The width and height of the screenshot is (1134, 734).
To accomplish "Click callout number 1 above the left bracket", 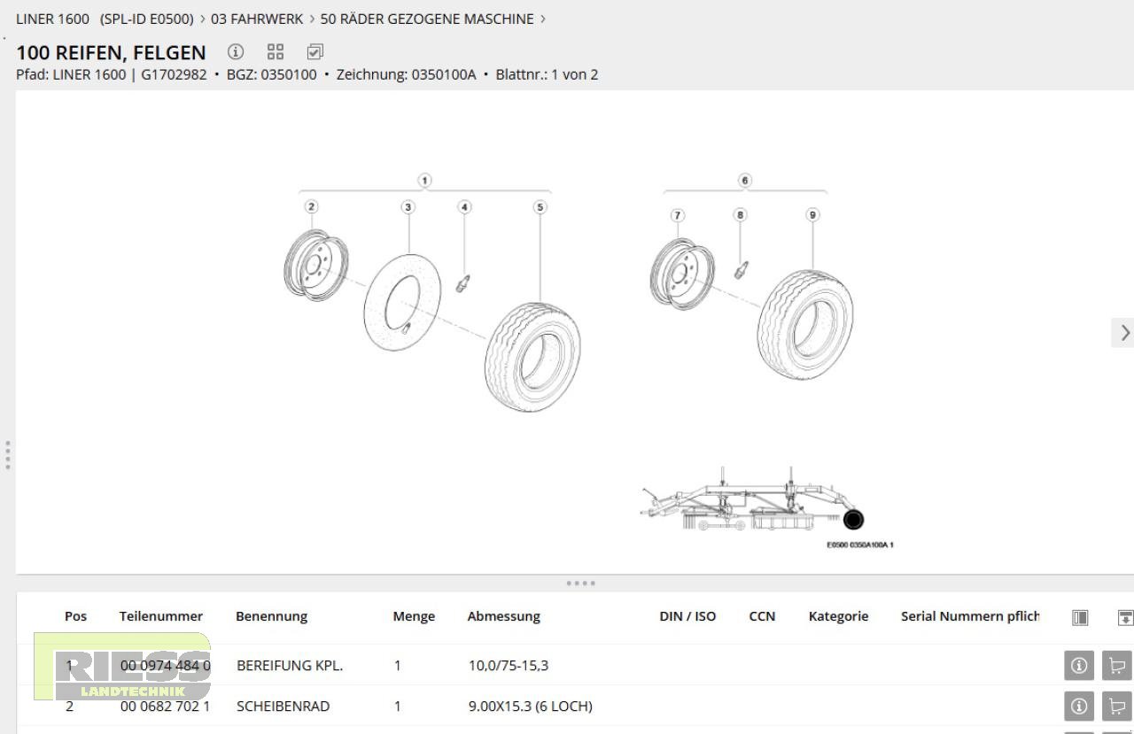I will [x=425, y=181].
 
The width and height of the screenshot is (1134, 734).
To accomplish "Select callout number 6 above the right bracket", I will [x=745, y=181].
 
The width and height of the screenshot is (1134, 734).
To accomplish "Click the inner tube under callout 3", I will [x=403, y=301].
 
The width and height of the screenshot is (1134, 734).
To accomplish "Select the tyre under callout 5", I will [x=532, y=357].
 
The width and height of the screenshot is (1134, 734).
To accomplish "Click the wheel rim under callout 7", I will [x=681, y=274].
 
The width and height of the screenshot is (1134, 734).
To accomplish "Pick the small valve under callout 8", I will [x=742, y=268].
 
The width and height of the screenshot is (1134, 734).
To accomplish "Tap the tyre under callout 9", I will [x=805, y=326].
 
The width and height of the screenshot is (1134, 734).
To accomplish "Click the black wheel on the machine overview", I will [x=853, y=520].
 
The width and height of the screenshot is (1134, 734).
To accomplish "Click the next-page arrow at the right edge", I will [x=1124, y=333].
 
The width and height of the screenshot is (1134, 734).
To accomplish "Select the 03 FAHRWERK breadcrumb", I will [x=257, y=19].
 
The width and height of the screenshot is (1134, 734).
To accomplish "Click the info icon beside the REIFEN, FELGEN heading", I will [x=236, y=52].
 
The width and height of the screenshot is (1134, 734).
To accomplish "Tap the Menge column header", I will [x=414, y=616].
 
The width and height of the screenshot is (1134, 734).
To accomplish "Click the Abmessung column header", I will [x=503, y=616].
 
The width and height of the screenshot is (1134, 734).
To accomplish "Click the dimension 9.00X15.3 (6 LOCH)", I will [x=530, y=706].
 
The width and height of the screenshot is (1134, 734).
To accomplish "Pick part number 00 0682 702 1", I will [x=165, y=706].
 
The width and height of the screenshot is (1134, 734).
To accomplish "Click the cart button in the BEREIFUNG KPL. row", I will [x=1116, y=665].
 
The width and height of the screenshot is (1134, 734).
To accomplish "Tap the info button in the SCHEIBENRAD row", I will [x=1079, y=706].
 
